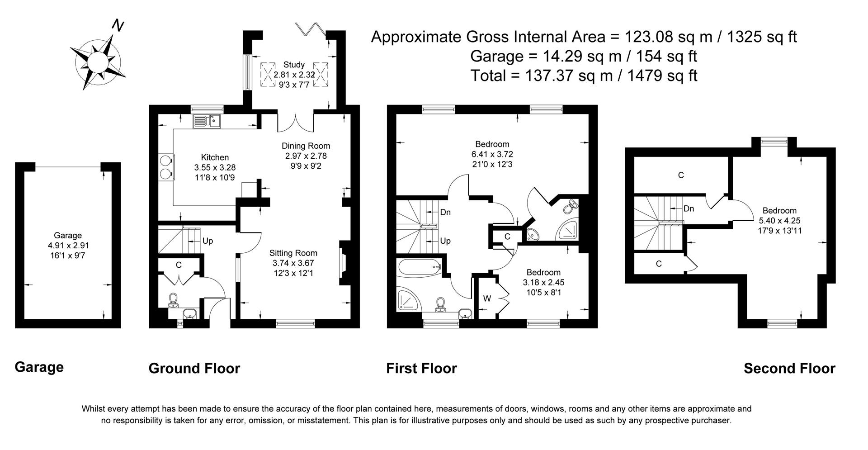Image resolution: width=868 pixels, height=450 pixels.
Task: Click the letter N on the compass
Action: (x=118, y=26)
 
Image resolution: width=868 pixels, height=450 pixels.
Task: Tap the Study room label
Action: (x=294, y=65)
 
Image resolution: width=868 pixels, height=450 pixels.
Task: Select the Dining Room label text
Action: (x=306, y=146)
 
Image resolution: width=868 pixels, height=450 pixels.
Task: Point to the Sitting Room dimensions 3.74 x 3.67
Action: (x=293, y=263)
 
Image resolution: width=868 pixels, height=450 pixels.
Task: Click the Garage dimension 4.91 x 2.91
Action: (x=68, y=245)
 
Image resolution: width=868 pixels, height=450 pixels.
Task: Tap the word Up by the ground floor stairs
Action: (x=208, y=241)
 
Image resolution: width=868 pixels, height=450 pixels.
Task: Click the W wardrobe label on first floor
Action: (x=487, y=298)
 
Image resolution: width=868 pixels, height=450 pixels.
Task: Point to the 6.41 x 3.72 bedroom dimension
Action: (x=492, y=154)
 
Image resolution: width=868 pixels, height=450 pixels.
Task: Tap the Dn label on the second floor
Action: (x=689, y=208)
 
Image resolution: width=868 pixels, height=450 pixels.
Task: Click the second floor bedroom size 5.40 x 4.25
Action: (x=779, y=221)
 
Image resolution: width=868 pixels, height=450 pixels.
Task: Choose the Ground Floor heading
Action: (x=194, y=368)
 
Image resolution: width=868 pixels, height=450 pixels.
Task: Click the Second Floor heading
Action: (x=789, y=368)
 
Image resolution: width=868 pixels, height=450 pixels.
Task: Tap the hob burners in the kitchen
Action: (x=165, y=166)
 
